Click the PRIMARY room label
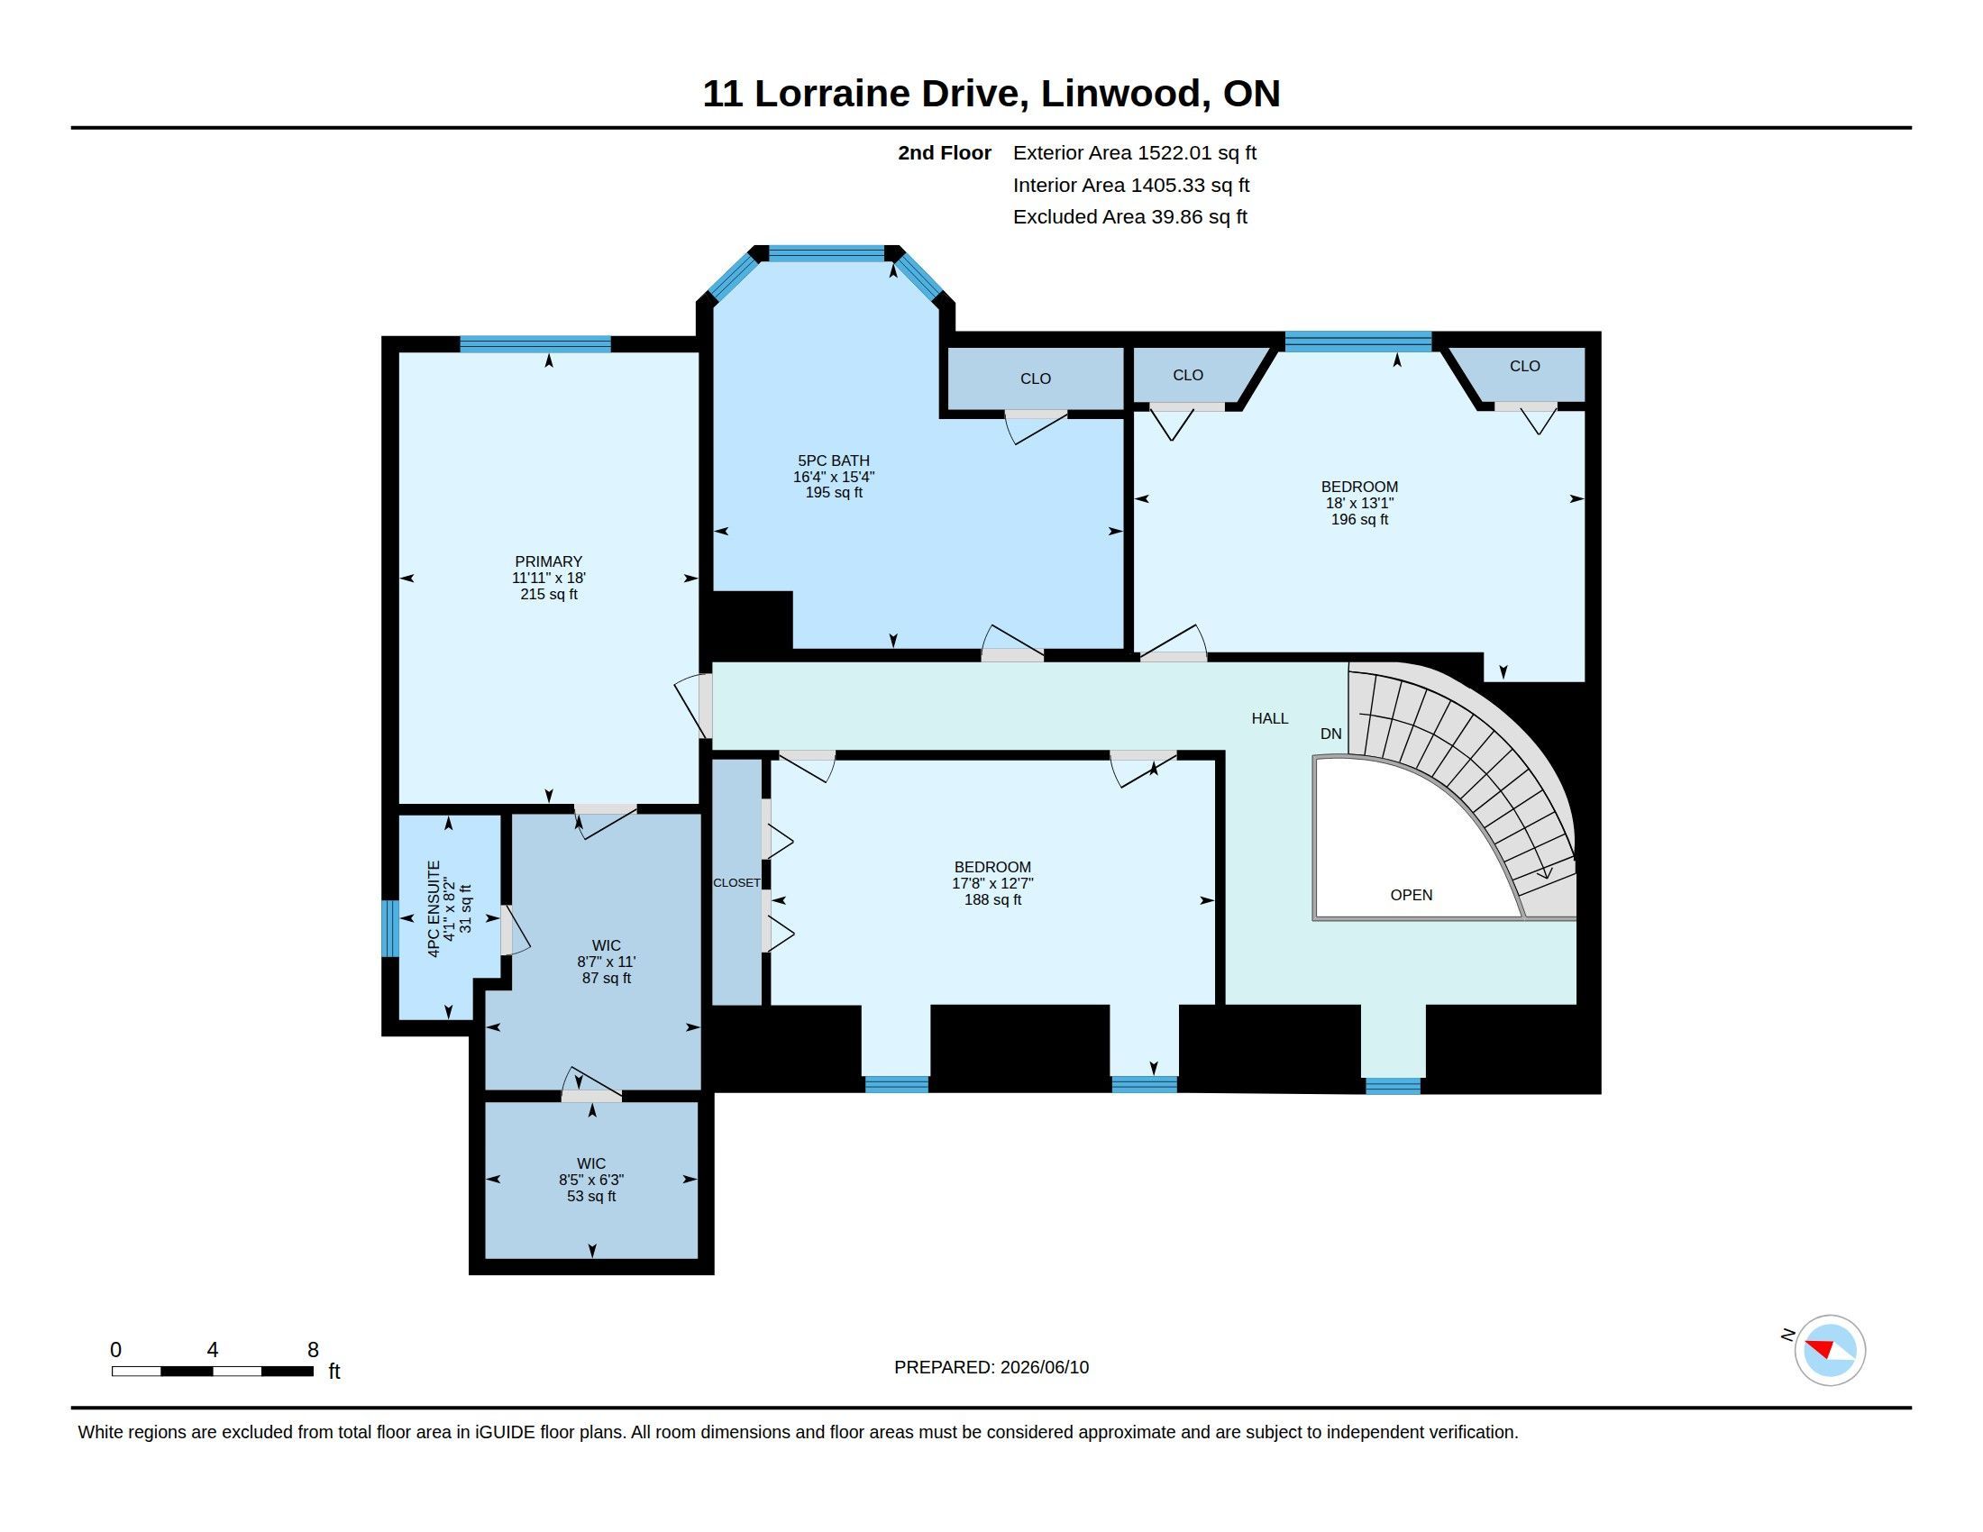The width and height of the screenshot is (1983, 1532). click(548, 561)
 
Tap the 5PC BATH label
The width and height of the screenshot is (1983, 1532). click(834, 461)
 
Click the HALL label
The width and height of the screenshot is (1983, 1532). click(1269, 719)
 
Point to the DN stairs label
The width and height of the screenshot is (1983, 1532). click(1331, 734)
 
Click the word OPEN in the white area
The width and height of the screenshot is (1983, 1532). click(1411, 895)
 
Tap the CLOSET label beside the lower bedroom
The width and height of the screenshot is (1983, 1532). click(736, 883)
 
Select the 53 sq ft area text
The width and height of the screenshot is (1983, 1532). click(591, 1196)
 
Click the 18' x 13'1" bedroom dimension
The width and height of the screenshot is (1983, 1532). click(1359, 503)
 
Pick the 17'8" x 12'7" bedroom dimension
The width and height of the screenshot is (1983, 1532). click(992, 883)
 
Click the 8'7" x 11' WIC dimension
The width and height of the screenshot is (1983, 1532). click(607, 962)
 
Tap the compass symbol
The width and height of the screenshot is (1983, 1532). click(1830, 1350)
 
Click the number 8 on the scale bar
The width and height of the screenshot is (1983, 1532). click(314, 1350)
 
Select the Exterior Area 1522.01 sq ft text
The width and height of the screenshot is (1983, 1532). click(1135, 153)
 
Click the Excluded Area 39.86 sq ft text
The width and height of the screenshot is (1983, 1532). click(1130, 217)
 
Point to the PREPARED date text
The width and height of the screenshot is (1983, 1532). click(991, 1367)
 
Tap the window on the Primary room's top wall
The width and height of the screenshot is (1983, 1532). click(535, 344)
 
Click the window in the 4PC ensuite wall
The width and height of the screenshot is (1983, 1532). click(389, 927)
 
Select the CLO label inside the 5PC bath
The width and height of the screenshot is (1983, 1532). click(1035, 378)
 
